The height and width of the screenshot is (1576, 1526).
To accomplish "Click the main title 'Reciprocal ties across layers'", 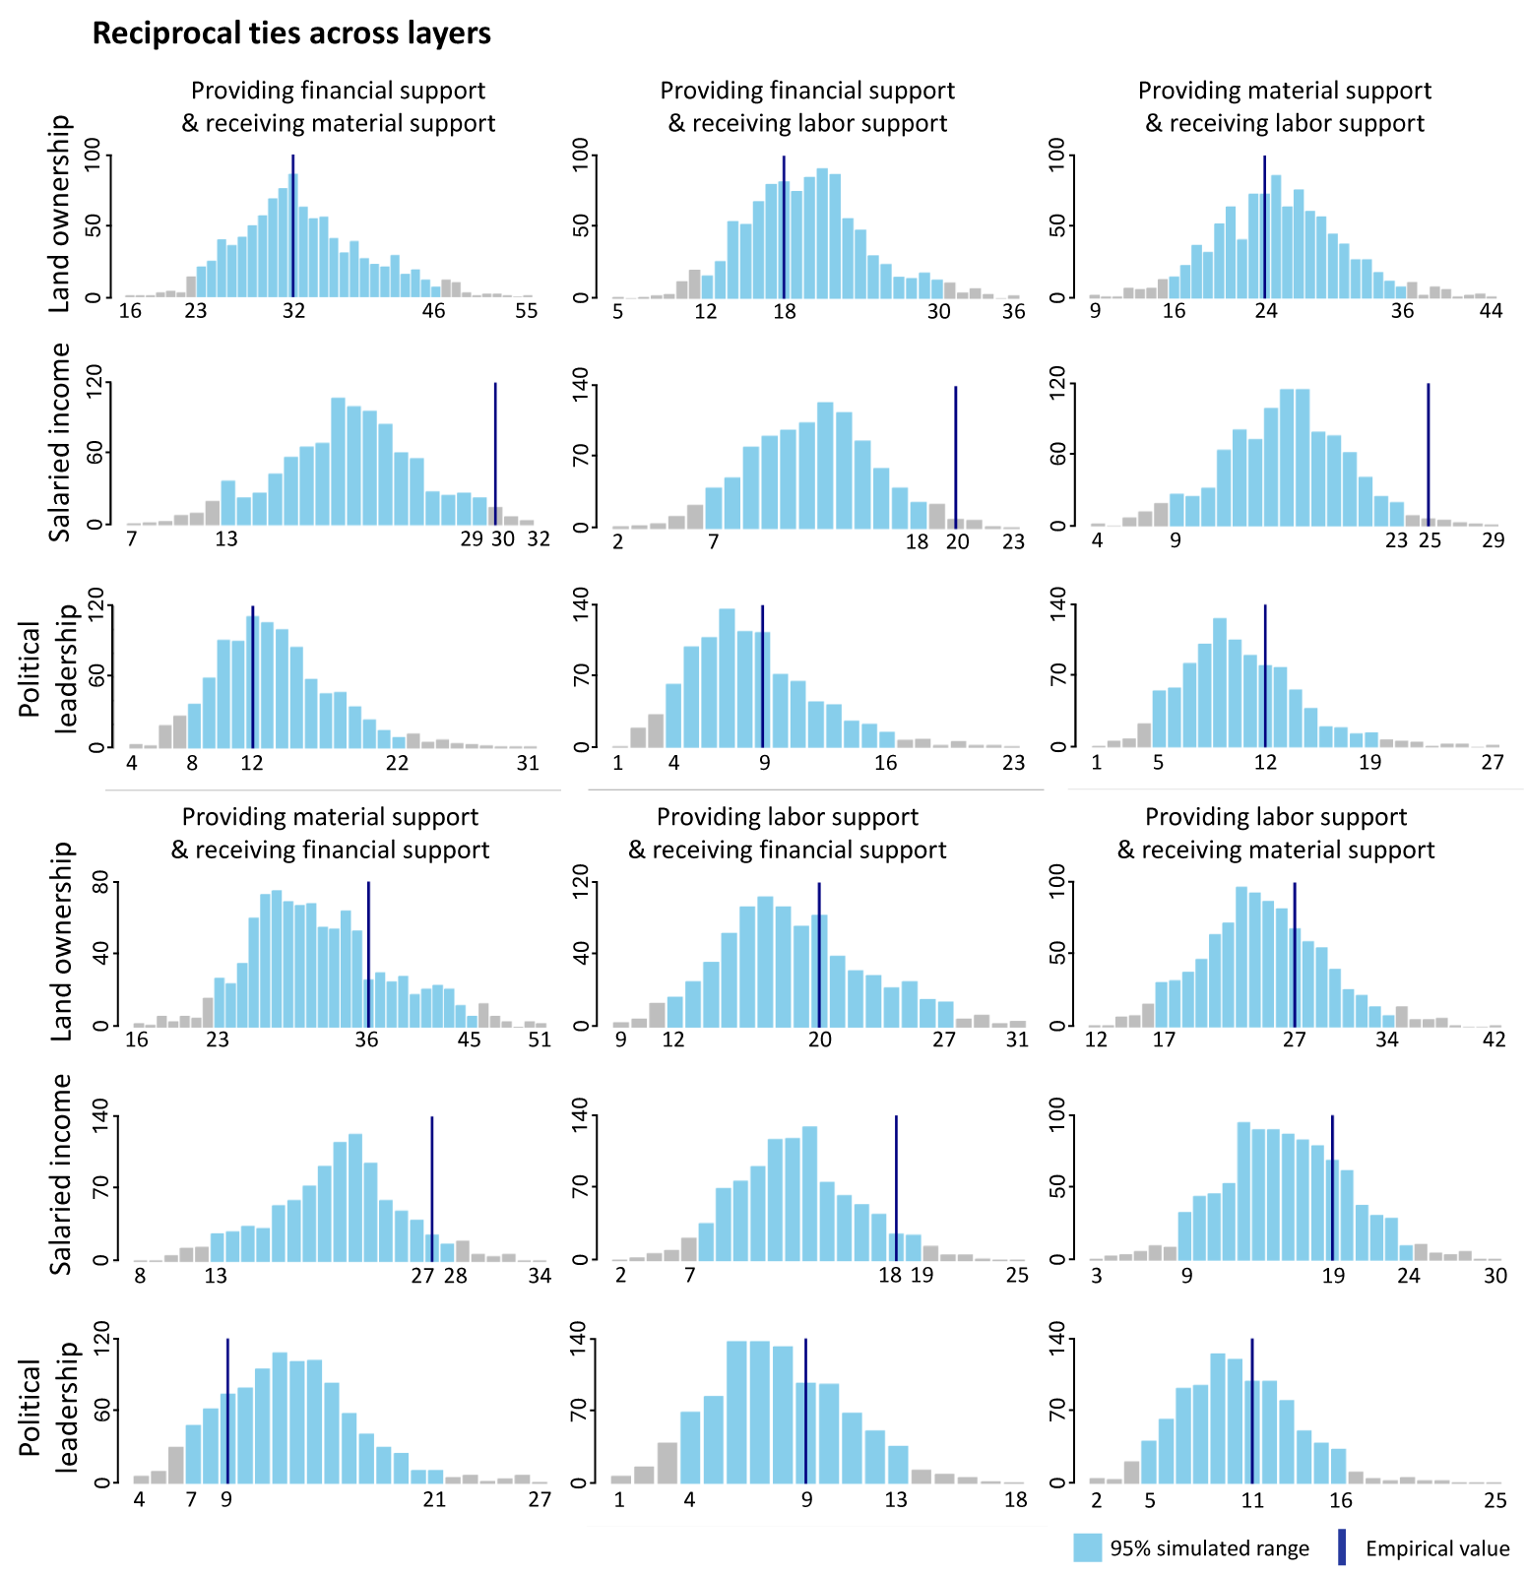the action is pyautogui.click(x=291, y=33).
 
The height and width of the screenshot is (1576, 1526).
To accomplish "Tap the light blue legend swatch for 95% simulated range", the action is pyautogui.click(x=1087, y=1547).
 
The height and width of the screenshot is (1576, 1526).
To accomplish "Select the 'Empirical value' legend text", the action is pyautogui.click(x=1437, y=1548).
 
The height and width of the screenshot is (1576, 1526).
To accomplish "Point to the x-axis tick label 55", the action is pyautogui.click(x=527, y=311).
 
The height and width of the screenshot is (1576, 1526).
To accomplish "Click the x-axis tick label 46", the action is pyautogui.click(x=433, y=311).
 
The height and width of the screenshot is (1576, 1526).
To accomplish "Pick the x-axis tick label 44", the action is pyautogui.click(x=1492, y=311).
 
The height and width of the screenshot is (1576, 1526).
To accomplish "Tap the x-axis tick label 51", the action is pyautogui.click(x=540, y=1040).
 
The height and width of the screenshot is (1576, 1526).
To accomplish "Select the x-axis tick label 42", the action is pyautogui.click(x=1494, y=1040).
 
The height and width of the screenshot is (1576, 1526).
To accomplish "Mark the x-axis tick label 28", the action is pyautogui.click(x=455, y=1276).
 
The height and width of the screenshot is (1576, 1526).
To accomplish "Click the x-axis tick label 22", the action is pyautogui.click(x=397, y=763).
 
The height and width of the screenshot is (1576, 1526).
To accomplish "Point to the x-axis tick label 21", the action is pyautogui.click(x=434, y=1499).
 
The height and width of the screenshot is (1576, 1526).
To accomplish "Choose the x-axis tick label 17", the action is pyautogui.click(x=1164, y=1040).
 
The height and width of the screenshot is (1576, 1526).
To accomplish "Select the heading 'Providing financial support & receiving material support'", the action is pyautogui.click(x=339, y=106).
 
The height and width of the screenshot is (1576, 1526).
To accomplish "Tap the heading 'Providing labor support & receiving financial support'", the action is pyautogui.click(x=788, y=833).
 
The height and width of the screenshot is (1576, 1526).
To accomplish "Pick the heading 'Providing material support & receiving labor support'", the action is pyautogui.click(x=1285, y=106).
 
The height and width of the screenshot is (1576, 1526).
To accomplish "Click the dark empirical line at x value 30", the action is pyautogui.click(x=495, y=454).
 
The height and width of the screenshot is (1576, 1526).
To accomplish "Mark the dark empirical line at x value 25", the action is pyautogui.click(x=1428, y=454).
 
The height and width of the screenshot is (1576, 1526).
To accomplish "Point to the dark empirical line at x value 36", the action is pyautogui.click(x=368, y=954).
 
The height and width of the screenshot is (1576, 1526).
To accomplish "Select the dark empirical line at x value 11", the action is pyautogui.click(x=1251, y=1411).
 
